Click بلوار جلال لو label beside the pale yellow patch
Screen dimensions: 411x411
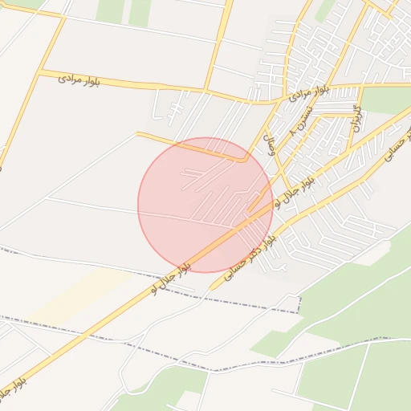coord(171,276)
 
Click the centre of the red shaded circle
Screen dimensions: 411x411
coord(205,205)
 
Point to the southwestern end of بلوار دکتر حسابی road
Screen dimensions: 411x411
coord(210,287)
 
